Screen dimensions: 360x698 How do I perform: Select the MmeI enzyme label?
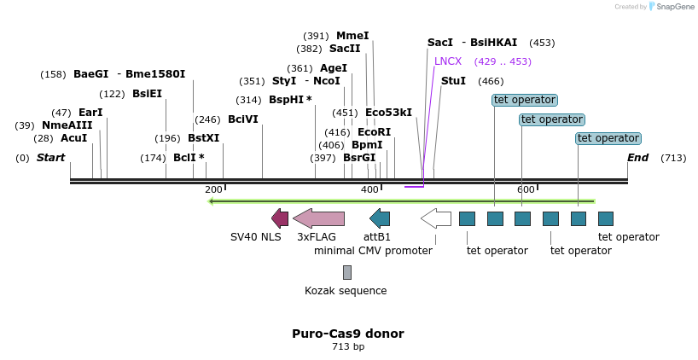(352, 36)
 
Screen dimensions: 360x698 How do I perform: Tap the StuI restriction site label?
(453, 81)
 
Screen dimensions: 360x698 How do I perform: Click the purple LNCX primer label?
(448, 61)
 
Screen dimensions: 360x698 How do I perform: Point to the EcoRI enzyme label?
(374, 132)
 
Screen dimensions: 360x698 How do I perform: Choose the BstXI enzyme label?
(203, 138)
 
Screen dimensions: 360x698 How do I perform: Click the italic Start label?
(50, 158)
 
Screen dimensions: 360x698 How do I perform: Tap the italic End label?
(637, 158)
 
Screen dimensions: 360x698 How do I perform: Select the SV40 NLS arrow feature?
(280, 218)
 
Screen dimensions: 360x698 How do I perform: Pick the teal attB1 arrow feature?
(380, 218)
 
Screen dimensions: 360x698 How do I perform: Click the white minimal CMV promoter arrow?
(436, 218)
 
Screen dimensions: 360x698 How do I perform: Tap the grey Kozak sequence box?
(347, 272)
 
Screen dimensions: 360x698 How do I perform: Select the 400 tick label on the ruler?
(370, 189)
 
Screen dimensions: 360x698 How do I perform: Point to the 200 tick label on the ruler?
(213, 189)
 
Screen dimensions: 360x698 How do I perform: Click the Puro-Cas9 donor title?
(348, 334)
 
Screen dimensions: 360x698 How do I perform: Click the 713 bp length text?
(348, 347)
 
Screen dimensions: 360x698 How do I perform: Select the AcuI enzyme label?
(73, 138)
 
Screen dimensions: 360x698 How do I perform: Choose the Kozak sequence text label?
(346, 291)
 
